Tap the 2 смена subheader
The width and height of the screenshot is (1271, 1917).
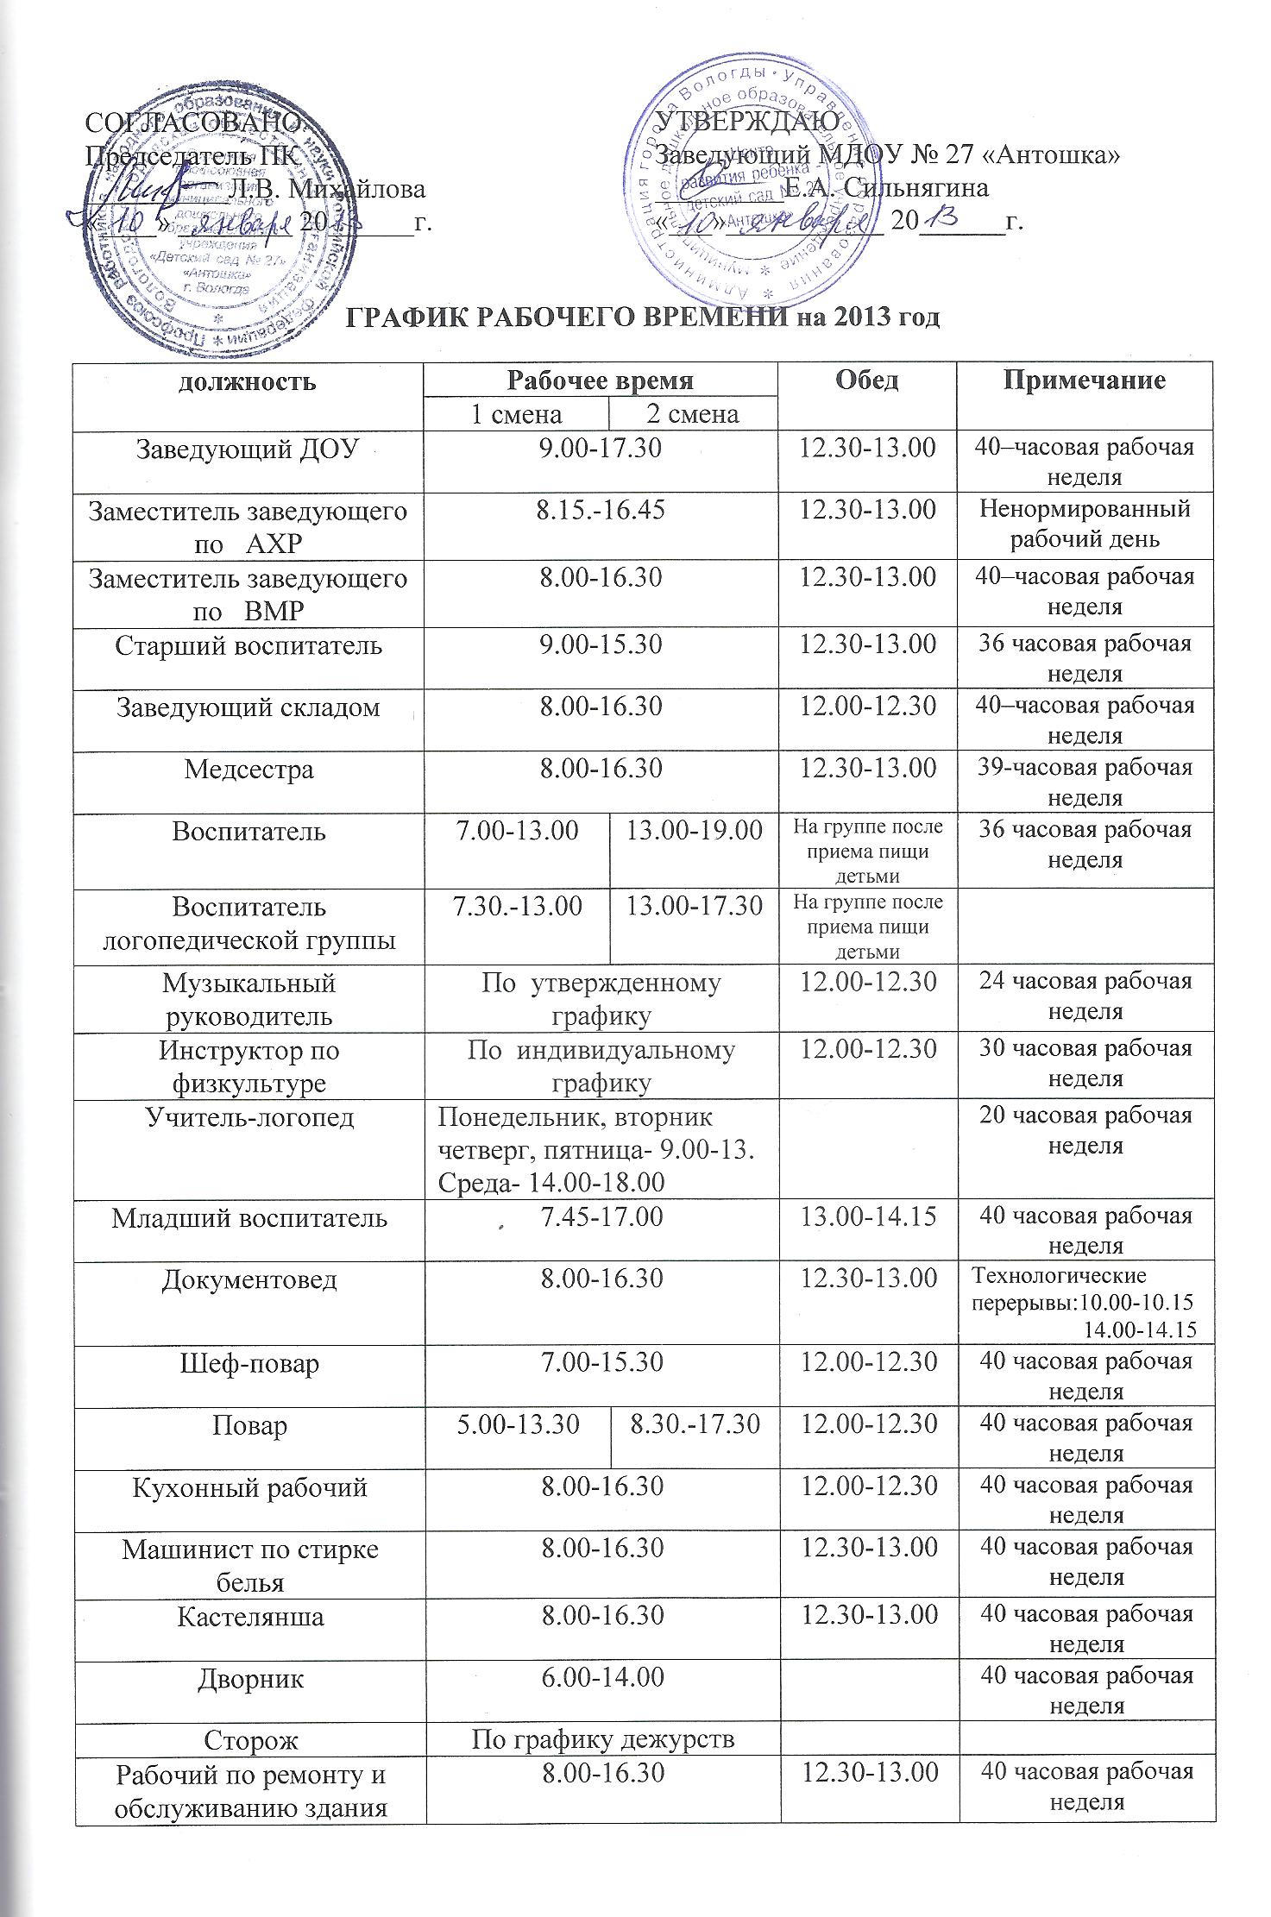click(693, 415)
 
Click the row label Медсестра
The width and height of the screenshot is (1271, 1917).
click(249, 769)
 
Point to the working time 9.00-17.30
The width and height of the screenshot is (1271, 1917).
click(601, 449)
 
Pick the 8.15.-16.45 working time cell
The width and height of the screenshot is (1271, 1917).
click(601, 510)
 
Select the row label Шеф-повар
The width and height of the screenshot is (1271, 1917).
click(249, 1363)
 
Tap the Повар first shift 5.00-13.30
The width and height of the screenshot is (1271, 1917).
click(517, 1424)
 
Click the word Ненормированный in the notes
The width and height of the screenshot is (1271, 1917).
click(1085, 510)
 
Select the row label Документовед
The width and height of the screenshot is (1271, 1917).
click(249, 1279)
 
